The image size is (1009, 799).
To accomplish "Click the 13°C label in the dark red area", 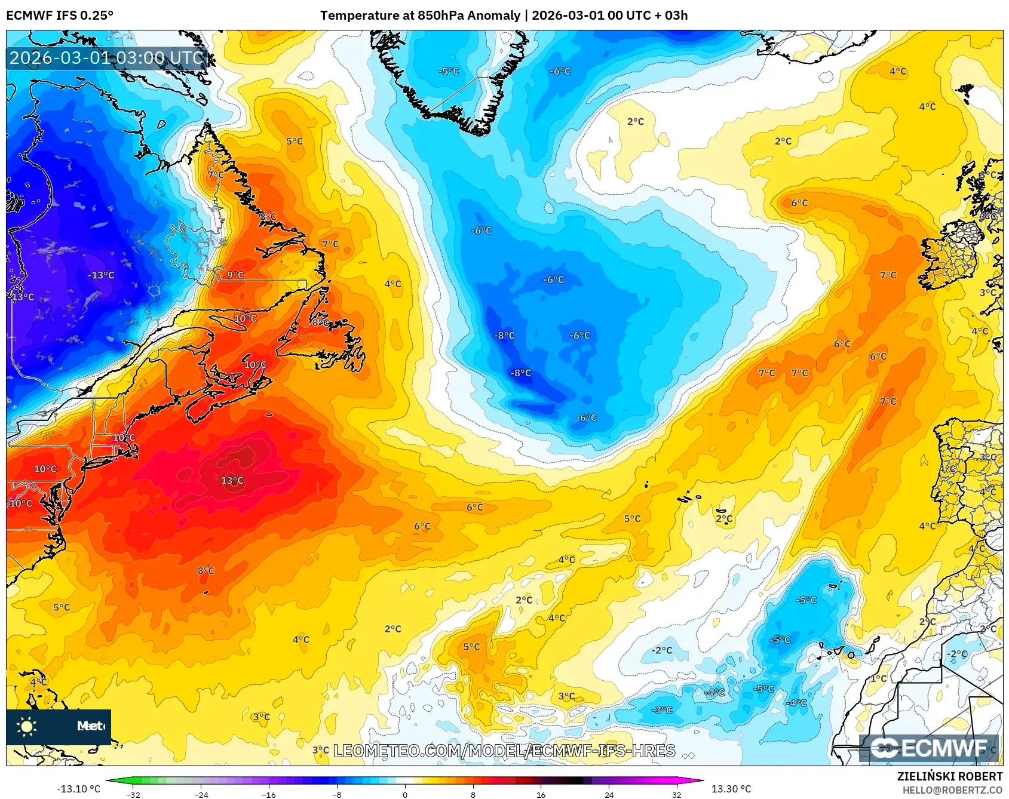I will [x=232, y=481].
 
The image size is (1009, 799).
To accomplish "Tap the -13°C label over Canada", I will [x=101, y=275].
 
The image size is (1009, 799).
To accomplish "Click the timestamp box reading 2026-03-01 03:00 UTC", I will [x=106, y=58].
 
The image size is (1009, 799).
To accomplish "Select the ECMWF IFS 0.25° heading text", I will [x=60, y=16].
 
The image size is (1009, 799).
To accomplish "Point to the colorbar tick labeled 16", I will [x=541, y=794].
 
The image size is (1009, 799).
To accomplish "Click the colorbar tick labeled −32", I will [x=133, y=794].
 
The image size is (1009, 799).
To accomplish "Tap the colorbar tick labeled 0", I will [x=405, y=794].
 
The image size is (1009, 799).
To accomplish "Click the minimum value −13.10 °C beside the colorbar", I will [x=78, y=789].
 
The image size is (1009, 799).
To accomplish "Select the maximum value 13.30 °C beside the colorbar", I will [x=731, y=789].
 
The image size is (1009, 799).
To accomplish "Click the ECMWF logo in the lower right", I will [x=929, y=748].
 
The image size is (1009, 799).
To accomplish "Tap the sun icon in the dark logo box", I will [x=27, y=726].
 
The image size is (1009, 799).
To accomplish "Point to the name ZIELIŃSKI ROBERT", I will [x=949, y=776].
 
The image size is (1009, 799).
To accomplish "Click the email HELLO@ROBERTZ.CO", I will [x=952, y=790].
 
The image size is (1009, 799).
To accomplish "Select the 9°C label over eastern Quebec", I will [x=235, y=275].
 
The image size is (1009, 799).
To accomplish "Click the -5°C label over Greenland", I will [x=449, y=72].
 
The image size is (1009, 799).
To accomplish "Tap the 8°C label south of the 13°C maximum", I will [x=206, y=571].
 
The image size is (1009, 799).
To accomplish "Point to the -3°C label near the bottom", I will [x=662, y=710].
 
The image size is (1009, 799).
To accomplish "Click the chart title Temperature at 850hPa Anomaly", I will [x=420, y=16].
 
